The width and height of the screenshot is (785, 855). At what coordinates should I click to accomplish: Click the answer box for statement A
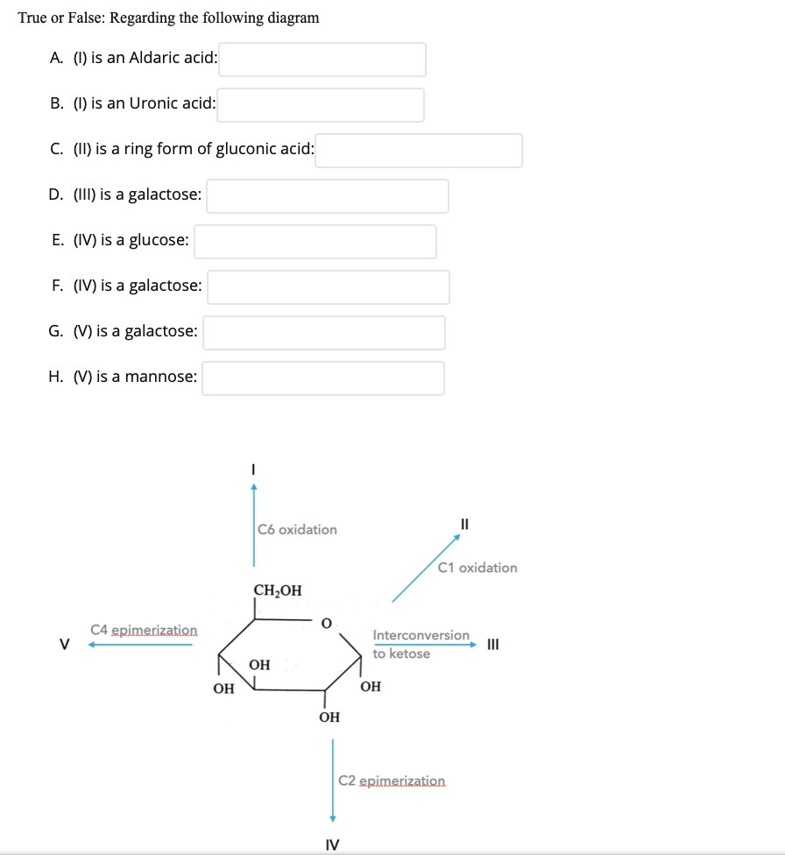point(322,60)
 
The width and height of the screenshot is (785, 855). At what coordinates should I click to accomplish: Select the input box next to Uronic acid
point(321,105)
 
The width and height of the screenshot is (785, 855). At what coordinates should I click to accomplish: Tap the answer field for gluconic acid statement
point(419,151)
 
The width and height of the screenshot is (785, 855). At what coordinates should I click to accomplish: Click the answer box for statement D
point(328,196)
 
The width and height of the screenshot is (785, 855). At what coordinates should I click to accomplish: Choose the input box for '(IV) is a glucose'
point(315,242)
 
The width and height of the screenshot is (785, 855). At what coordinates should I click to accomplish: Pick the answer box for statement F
point(329,287)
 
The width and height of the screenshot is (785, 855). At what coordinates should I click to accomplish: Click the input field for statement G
point(324,333)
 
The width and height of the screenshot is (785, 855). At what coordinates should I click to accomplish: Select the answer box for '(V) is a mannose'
point(323,378)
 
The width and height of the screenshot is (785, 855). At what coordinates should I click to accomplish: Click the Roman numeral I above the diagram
point(253,470)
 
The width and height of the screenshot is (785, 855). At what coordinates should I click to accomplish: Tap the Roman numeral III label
point(492,646)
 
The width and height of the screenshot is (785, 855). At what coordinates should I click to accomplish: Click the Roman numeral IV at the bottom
point(332,844)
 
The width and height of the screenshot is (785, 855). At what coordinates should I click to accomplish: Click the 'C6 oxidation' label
point(298,529)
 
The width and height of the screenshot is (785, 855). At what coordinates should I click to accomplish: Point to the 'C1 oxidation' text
point(477,568)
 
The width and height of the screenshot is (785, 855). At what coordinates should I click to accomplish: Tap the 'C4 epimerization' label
point(144,630)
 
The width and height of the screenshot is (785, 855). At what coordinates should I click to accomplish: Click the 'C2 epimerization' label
point(392,780)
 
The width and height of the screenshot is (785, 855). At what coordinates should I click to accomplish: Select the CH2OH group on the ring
point(278,590)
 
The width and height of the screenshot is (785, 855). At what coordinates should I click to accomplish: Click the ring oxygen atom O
point(326,624)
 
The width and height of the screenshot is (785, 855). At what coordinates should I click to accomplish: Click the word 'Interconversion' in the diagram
point(421,634)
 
